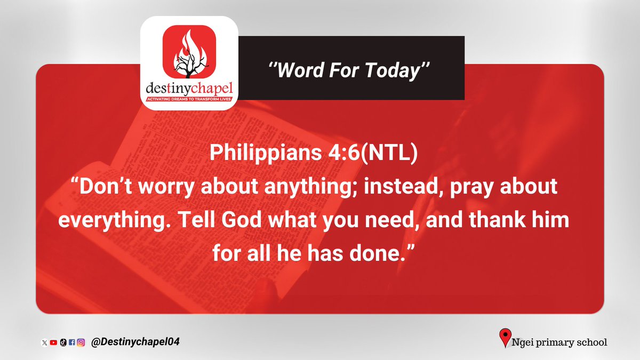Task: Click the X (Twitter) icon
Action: [x=45, y=343]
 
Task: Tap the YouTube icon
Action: [x=53, y=343]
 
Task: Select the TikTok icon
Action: [x=62, y=343]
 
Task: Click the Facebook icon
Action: [x=71, y=343]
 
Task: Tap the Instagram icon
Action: [x=81, y=343]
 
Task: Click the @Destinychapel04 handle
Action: [x=135, y=342]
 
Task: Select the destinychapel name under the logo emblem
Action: [x=189, y=87]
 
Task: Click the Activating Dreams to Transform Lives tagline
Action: [x=189, y=99]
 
